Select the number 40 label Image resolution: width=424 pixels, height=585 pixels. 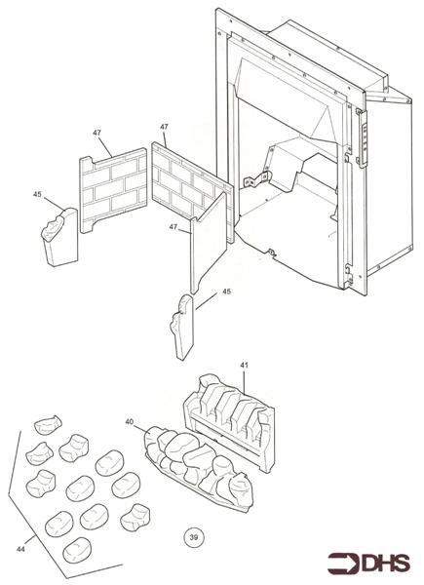(x=131, y=423)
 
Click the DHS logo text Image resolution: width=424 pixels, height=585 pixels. (x=386, y=564)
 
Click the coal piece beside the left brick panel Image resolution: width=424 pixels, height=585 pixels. (x=58, y=237)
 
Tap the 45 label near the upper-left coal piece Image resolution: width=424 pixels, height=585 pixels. (x=37, y=194)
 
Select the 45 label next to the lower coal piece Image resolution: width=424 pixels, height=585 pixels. (x=226, y=292)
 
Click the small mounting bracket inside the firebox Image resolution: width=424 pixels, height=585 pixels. (x=256, y=180)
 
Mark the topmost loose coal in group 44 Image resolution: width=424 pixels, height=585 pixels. (x=47, y=427)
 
